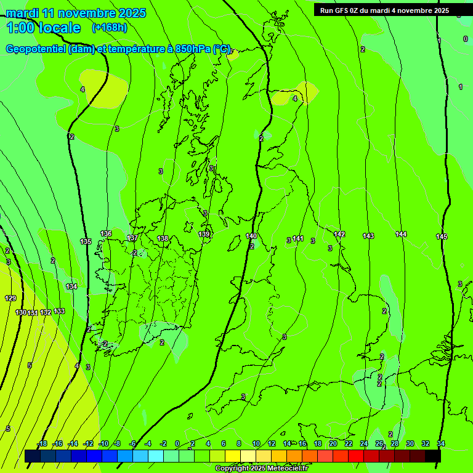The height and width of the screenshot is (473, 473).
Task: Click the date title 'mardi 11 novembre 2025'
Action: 76,13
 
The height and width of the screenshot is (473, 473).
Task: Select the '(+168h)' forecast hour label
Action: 110,28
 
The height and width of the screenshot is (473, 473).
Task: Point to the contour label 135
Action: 86,241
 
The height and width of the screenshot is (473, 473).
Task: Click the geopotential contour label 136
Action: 106,234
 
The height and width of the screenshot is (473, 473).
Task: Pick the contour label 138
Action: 163,238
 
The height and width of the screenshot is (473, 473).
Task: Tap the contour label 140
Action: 251,236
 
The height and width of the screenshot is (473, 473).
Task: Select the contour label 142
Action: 339,234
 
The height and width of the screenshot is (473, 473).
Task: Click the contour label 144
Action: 401,234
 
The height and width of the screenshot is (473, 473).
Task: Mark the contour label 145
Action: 442,237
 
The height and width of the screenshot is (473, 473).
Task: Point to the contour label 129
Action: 10,298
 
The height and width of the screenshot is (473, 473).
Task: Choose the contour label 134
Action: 72,286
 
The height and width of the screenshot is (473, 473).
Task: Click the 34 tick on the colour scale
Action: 441,443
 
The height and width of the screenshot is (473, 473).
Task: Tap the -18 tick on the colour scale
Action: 42,443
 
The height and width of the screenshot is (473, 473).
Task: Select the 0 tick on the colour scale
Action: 177,443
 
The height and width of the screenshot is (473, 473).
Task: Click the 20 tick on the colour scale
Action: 333,443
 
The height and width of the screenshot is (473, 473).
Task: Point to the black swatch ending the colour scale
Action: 433,456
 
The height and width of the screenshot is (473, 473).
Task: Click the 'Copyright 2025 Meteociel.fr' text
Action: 261,469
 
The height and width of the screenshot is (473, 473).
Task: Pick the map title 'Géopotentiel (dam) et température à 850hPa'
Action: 117,49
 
